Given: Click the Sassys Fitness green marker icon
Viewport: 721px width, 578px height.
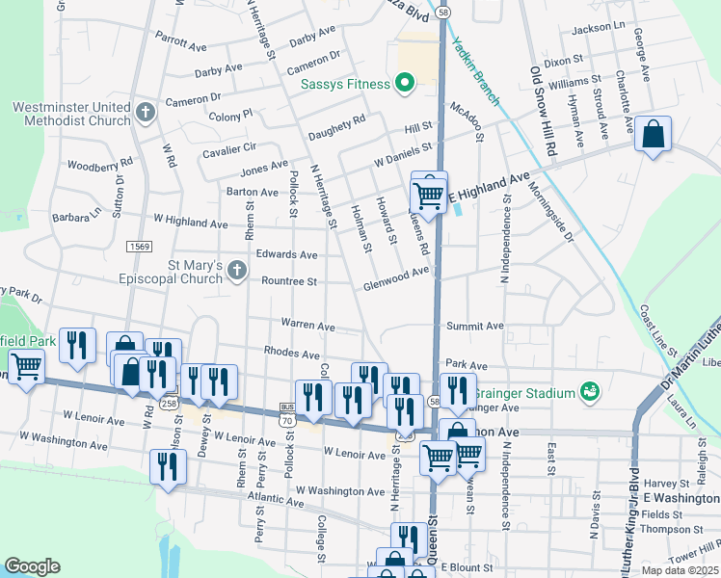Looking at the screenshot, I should (404, 84).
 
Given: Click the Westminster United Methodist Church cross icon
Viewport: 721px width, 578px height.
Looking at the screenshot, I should (146, 114).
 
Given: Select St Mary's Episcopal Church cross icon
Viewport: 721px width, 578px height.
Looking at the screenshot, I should (238, 273).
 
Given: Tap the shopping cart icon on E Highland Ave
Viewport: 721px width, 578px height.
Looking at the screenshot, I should (429, 194).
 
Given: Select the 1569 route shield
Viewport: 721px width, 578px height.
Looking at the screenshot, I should (139, 248).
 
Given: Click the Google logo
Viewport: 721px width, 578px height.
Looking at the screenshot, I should (32, 566).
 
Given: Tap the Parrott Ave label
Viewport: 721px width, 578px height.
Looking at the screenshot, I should (181, 44).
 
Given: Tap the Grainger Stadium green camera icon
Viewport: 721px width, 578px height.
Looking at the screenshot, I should (589, 392).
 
